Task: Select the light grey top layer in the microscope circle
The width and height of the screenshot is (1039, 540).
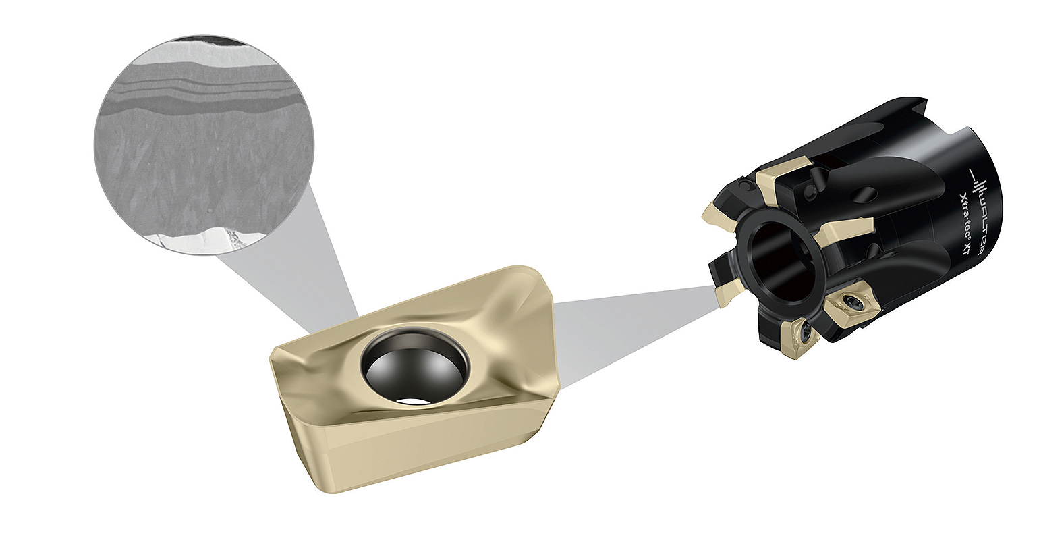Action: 202,61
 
